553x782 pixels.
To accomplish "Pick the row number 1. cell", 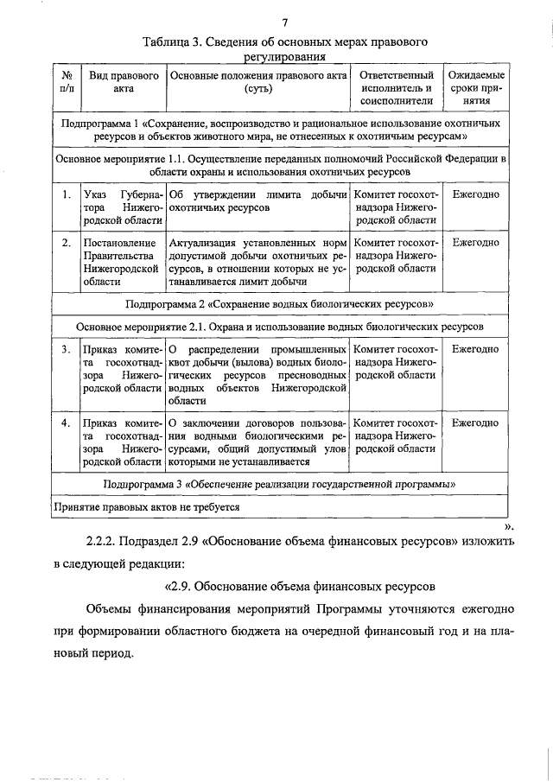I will [x=66, y=194].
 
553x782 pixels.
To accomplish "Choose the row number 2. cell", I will [x=66, y=243].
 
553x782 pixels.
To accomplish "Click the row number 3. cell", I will [x=66, y=349].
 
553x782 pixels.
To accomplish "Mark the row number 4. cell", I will [x=66, y=423].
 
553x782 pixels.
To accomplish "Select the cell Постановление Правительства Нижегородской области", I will [x=120, y=262].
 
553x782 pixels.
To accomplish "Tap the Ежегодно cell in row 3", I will [x=474, y=349].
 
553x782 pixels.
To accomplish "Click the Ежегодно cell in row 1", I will [x=474, y=194].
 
